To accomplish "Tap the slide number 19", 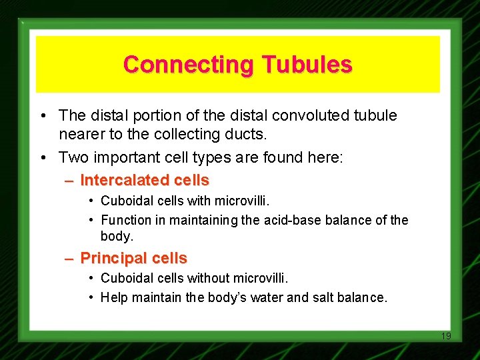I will click(x=446, y=336).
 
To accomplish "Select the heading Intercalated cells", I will click(x=145, y=180).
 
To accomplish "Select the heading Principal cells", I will click(x=133, y=258).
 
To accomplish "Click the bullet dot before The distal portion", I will click(x=42, y=116).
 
